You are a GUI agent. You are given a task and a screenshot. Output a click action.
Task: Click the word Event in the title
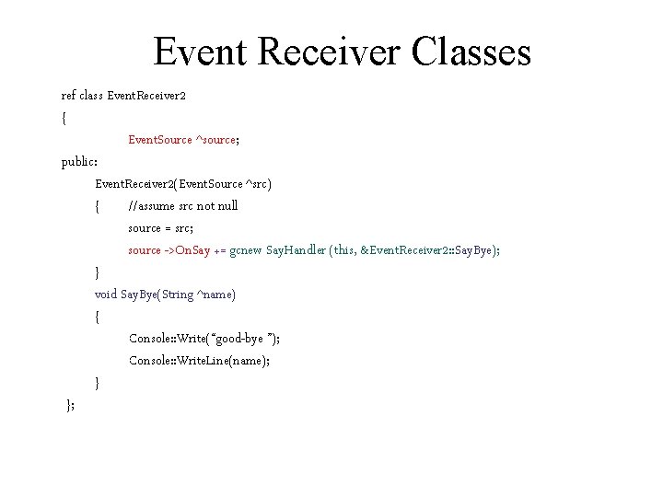tap(201, 52)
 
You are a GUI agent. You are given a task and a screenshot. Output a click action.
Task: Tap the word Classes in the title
tap(472, 52)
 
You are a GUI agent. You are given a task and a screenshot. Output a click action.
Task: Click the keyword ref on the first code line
tap(69, 96)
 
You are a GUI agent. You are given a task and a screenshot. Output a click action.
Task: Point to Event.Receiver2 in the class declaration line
tap(148, 96)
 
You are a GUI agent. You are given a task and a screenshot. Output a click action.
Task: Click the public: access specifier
tap(79, 162)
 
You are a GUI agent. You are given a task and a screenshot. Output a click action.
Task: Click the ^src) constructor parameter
tap(258, 184)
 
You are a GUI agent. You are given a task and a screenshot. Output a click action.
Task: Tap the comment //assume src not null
tap(183, 206)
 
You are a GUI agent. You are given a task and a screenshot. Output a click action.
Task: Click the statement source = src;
tap(161, 228)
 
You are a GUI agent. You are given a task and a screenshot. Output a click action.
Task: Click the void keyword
tap(106, 295)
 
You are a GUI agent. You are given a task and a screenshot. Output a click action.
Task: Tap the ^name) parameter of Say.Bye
tap(217, 295)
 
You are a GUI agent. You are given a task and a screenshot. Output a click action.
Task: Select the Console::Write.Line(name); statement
tap(200, 361)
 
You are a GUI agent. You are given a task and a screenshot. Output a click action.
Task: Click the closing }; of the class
tap(71, 405)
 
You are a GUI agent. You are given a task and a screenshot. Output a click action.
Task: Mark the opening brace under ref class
tap(64, 118)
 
